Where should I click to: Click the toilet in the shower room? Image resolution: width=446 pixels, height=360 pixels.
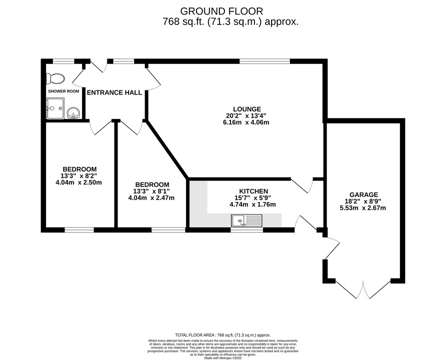[x=55, y=78]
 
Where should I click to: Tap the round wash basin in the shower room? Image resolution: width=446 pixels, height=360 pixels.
[x=74, y=113]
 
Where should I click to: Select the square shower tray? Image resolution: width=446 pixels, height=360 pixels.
[x=55, y=108]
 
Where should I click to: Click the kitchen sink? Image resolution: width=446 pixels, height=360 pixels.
[x=246, y=220]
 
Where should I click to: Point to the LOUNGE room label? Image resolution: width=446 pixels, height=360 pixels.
[x=247, y=109]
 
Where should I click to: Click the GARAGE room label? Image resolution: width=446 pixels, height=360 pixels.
[x=364, y=194]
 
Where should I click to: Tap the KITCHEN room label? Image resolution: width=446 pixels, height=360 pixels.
[x=253, y=191]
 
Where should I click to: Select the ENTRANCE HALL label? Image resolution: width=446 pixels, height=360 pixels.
[x=114, y=92]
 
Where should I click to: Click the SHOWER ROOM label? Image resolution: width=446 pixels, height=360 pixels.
[x=63, y=91]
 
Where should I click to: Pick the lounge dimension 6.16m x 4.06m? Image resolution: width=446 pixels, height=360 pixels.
[x=246, y=122]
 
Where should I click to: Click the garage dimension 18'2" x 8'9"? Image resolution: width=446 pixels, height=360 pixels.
[x=363, y=201]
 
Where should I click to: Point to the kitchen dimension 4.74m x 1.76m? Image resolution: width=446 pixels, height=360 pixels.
[x=253, y=204]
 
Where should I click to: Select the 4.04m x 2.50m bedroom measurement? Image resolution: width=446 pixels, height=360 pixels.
[x=79, y=182]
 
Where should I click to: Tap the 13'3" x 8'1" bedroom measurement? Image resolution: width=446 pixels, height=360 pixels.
[x=151, y=191]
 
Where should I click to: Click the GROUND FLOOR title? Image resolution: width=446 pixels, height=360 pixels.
[x=221, y=11]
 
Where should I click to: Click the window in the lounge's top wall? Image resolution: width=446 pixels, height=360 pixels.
[x=264, y=61]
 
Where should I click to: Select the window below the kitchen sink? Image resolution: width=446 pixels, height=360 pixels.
[x=246, y=230]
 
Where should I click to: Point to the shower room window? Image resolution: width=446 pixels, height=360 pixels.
[x=63, y=61]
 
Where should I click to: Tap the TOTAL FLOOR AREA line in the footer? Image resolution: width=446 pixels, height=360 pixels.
[x=223, y=335]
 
